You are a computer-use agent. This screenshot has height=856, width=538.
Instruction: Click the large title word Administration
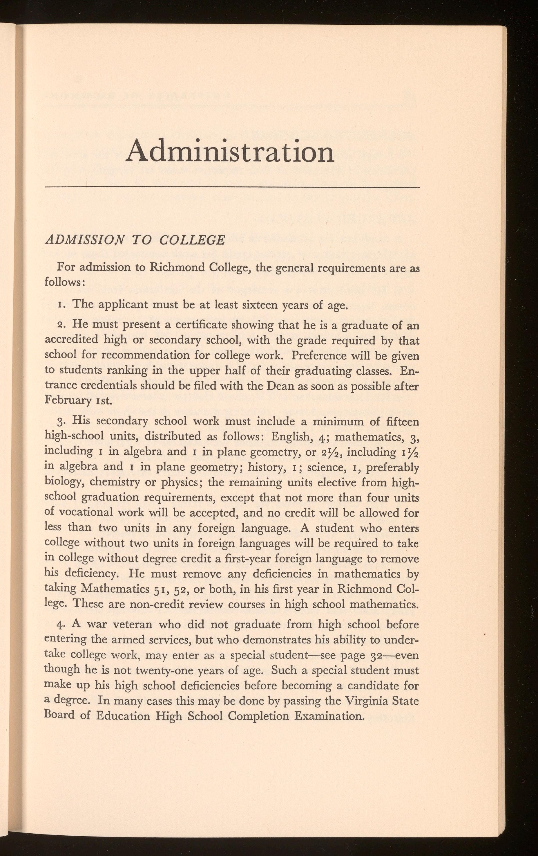coord(230,151)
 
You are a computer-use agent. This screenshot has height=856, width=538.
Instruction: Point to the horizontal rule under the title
coord(233,187)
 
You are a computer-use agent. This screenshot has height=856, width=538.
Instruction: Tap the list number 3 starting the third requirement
coord(60,422)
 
